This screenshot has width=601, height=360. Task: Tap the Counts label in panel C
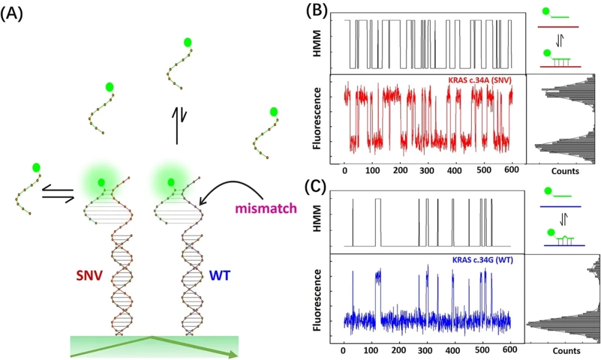(564, 350)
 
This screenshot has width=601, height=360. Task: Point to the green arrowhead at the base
(231, 353)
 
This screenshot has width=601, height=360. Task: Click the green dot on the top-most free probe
(188, 42)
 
